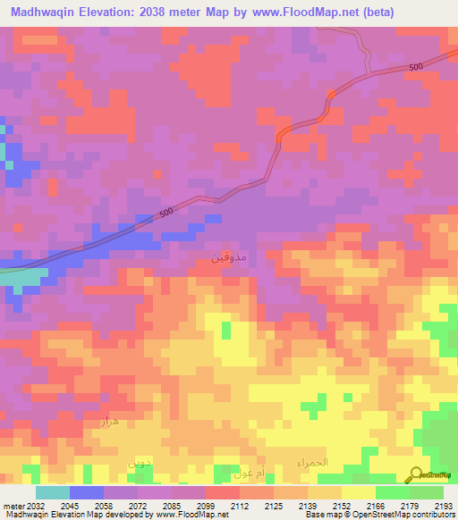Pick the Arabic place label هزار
pyautogui.click(x=110, y=419)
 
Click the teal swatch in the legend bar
pyautogui.click(x=53, y=492)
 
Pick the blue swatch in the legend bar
pyautogui.click(x=87, y=492)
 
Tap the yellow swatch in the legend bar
pyautogui.click(x=358, y=492)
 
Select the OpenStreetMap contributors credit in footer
pyautogui.click(x=405, y=515)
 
